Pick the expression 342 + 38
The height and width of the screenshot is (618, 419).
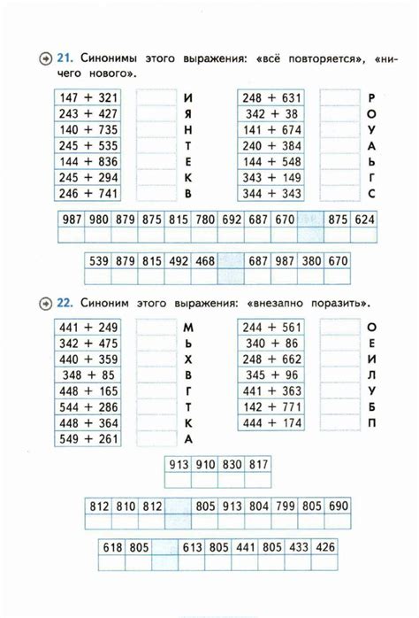[x=272, y=113]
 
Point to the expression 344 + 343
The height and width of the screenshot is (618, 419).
[x=272, y=193]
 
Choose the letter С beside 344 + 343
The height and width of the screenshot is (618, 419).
[x=372, y=193]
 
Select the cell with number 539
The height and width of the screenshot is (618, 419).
[x=99, y=261]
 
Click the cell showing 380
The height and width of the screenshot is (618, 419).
[x=311, y=261]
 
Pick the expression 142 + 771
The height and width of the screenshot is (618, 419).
[x=272, y=407]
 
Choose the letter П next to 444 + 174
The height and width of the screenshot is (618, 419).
[x=372, y=423]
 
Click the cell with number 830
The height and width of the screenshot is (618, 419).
[x=232, y=463]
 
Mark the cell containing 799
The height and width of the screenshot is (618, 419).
[x=284, y=506]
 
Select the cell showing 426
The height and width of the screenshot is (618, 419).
[x=324, y=548]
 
